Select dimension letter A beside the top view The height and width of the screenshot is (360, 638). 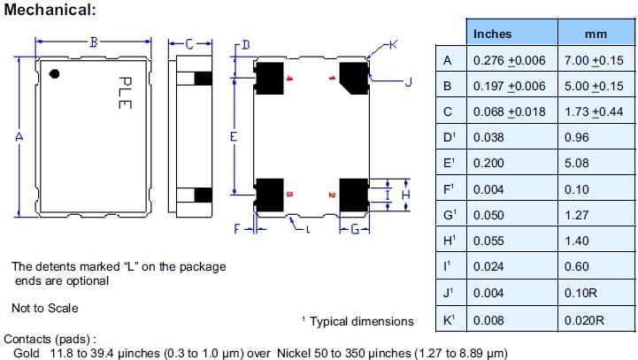click(x=19, y=136)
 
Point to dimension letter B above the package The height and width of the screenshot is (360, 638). click(x=93, y=41)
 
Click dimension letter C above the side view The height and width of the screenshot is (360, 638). click(x=188, y=42)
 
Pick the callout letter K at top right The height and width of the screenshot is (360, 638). click(x=394, y=43)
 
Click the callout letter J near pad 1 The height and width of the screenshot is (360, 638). click(x=408, y=83)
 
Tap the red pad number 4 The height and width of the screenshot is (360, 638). click(x=289, y=79)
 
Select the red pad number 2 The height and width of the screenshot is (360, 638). click(x=331, y=195)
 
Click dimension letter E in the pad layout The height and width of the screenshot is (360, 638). click(x=233, y=137)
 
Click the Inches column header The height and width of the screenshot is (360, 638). click(x=493, y=34)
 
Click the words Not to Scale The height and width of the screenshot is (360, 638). click(x=45, y=308)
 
